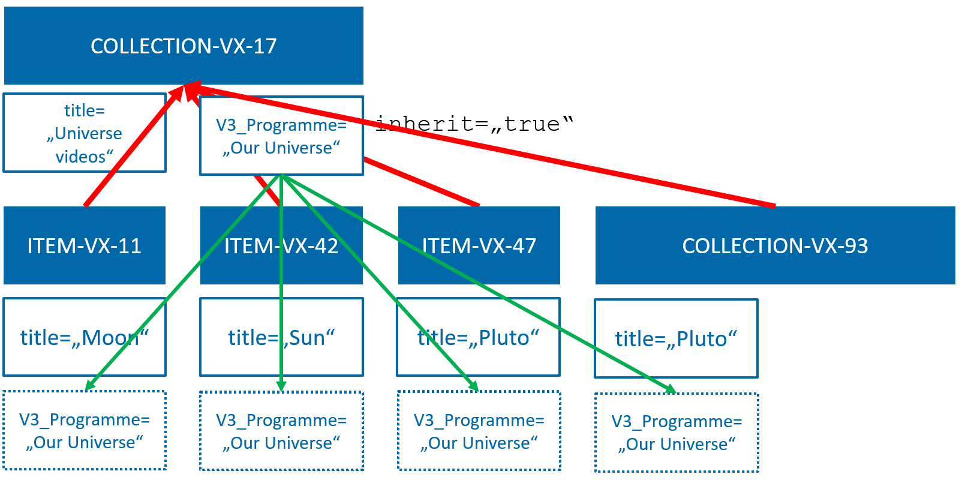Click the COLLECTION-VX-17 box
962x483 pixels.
pyautogui.click(x=184, y=46)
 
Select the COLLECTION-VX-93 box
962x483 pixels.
pyautogui.click(x=775, y=245)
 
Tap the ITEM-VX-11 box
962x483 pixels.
pyautogui.click(x=85, y=245)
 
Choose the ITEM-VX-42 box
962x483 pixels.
pyautogui.click(x=281, y=245)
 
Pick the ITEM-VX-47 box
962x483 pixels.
pyautogui.click(x=479, y=245)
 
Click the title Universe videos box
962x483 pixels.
pyautogui.click(x=85, y=133)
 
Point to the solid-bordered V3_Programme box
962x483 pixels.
pyautogui.click(x=281, y=136)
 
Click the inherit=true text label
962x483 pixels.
pyautogui.click(x=474, y=124)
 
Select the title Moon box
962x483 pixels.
pyautogui.click(x=85, y=337)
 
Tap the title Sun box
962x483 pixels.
pyautogui.click(x=281, y=337)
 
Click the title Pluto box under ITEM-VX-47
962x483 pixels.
pyautogui.click(x=479, y=337)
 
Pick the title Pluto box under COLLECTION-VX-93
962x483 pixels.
pyautogui.click(x=676, y=338)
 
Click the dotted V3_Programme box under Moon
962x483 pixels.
pyautogui.click(x=85, y=430)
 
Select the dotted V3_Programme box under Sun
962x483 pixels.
pyautogui.click(x=281, y=431)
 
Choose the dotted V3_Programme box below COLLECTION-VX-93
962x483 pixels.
pyautogui.click(x=677, y=433)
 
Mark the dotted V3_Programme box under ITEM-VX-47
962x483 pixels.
pyautogui.click(x=479, y=431)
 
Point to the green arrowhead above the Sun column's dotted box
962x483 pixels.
pyautogui.click(x=281, y=386)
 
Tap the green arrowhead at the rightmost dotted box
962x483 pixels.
pyautogui.click(x=670, y=389)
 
